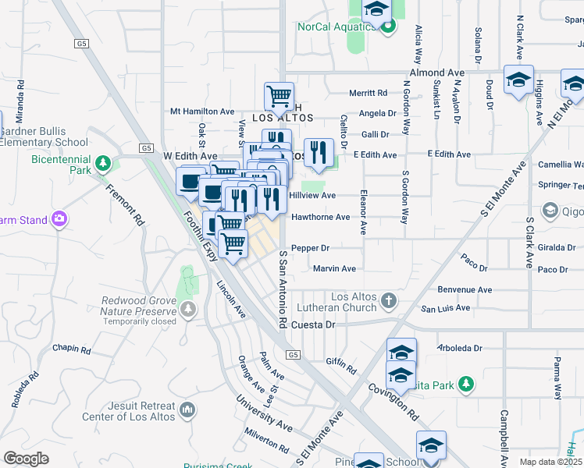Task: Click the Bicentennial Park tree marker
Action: click(102, 163)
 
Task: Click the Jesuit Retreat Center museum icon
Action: click(187, 409)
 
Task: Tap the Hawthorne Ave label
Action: click(320, 217)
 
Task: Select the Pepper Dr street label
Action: click(310, 248)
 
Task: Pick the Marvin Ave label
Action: click(334, 268)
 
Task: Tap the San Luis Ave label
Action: click(446, 308)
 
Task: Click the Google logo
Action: click(26, 459)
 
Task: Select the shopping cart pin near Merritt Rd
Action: click(279, 97)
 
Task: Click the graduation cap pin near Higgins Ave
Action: click(518, 80)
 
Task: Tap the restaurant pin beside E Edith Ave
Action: click(318, 153)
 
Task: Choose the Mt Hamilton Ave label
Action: click(202, 112)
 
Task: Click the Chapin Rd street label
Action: click(73, 348)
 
